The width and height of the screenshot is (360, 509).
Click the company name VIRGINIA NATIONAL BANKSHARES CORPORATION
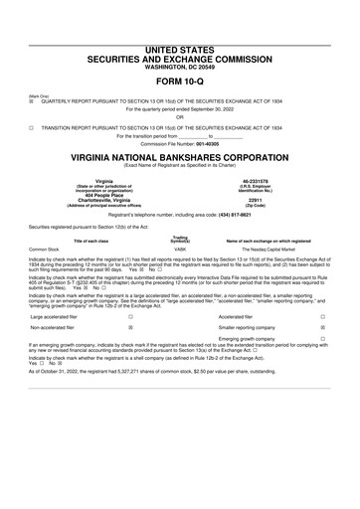(x=179, y=158)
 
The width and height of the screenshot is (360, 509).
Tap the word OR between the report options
(x=179, y=118)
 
